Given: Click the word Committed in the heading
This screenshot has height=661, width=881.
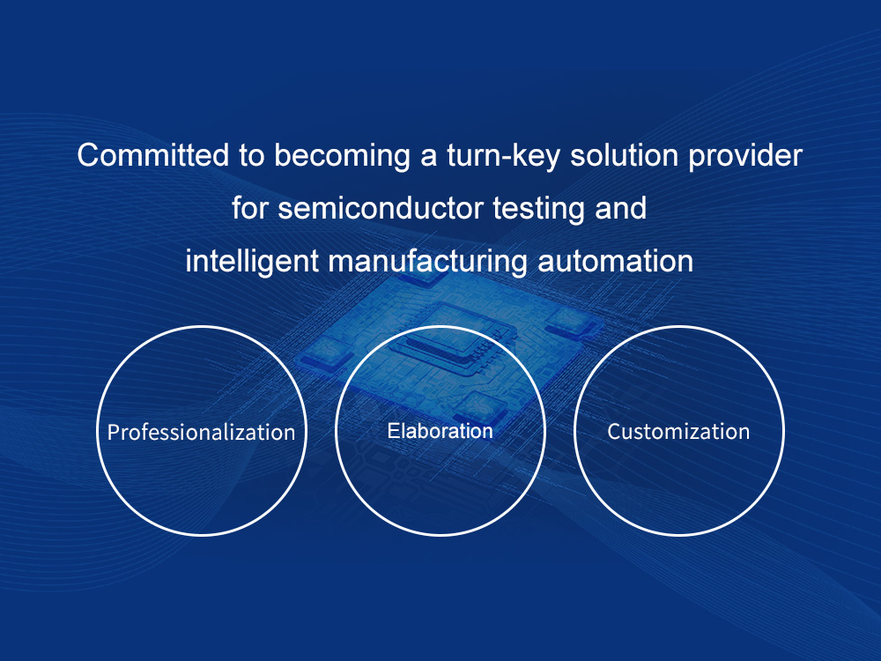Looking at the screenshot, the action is [152, 154].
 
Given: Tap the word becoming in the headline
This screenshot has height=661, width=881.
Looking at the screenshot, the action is [342, 156].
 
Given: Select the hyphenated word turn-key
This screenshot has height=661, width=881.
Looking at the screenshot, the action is [503, 156].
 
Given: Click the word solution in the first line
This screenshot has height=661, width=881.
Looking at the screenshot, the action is [625, 154].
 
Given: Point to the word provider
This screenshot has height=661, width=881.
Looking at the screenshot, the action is [745, 156].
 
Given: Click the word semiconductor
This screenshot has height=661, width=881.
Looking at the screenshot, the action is [381, 208].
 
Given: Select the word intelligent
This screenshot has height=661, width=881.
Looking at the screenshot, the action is [252, 262].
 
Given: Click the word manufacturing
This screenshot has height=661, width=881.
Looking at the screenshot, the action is [428, 262].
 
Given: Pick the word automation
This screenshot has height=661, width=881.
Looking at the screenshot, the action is [615, 262].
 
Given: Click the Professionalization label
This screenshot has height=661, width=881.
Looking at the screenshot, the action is [201, 432].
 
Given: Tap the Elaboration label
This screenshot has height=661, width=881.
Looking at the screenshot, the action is [440, 431].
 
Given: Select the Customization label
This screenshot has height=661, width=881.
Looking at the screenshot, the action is [678, 432].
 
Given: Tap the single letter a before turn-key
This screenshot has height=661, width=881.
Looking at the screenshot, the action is [429, 158].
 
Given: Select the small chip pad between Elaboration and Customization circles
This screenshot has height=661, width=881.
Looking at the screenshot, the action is [570, 323].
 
